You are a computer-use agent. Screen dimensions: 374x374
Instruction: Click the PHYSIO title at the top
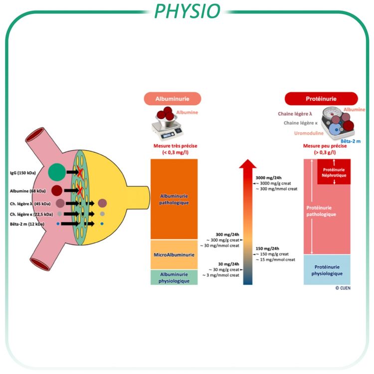pos(187,10)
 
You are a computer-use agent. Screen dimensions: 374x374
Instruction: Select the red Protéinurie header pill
pos(321,98)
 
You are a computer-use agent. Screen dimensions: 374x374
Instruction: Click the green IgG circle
pos(57,172)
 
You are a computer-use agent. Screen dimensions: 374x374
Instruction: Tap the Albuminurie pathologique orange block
pos(174,199)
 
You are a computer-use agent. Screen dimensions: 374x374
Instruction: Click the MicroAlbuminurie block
pos(174,254)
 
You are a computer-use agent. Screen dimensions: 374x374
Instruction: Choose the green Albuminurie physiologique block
pos(174,278)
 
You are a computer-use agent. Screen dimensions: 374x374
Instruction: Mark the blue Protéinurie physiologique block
pos(327,270)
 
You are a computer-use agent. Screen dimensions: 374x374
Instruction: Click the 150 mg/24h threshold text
pos(266,248)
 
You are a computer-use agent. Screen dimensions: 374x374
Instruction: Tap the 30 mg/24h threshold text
pos(229,264)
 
